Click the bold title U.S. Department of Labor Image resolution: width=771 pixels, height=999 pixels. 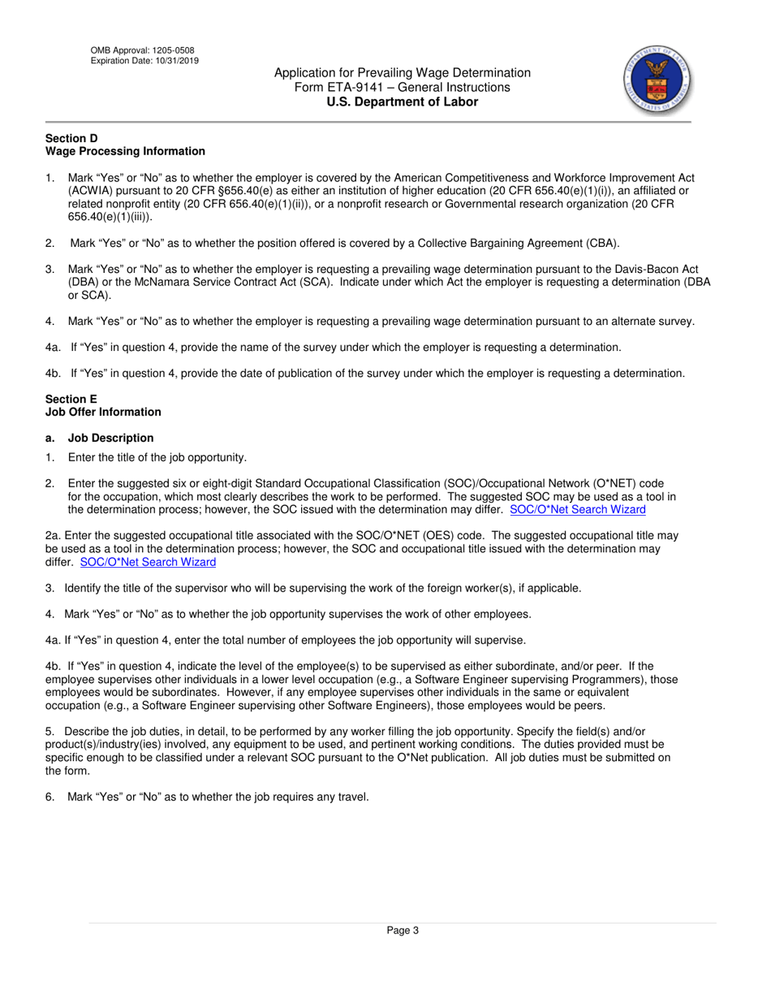coord(402,102)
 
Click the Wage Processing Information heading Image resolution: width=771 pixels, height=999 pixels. coord(125,151)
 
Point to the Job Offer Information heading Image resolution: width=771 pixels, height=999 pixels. coord(103,412)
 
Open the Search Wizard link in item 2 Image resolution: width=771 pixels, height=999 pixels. coord(578,509)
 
